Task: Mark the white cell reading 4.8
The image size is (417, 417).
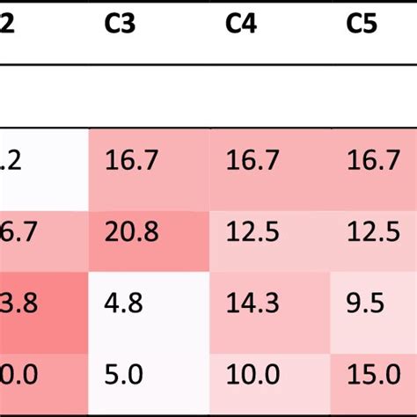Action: (123, 304)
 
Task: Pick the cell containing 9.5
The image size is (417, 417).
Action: (365, 304)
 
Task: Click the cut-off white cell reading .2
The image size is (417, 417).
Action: (11, 161)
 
